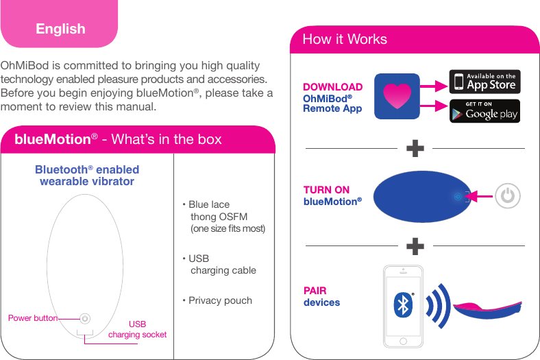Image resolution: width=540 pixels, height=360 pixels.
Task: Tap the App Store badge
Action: (x=484, y=82)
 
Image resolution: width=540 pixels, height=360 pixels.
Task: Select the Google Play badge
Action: (x=484, y=111)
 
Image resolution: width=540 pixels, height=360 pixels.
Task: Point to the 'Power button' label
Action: (x=32, y=318)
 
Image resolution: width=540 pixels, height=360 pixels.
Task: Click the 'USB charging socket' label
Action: (x=137, y=329)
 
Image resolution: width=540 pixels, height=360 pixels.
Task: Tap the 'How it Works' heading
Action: (x=345, y=39)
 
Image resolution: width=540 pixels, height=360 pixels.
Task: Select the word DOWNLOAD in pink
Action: (x=332, y=87)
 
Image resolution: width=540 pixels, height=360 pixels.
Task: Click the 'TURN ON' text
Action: (x=326, y=190)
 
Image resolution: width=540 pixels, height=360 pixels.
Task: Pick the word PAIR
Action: (x=315, y=291)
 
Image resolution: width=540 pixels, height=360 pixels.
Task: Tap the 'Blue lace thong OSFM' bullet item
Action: (x=223, y=216)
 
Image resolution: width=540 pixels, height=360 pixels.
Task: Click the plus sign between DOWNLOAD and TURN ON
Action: (x=415, y=148)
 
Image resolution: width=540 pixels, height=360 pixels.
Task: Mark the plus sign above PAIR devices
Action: (x=415, y=245)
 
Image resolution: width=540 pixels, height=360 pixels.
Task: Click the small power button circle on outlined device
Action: (x=84, y=318)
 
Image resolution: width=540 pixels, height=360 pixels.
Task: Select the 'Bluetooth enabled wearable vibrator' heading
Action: (x=87, y=176)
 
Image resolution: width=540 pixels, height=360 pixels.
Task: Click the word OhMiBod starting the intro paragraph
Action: (x=25, y=66)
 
